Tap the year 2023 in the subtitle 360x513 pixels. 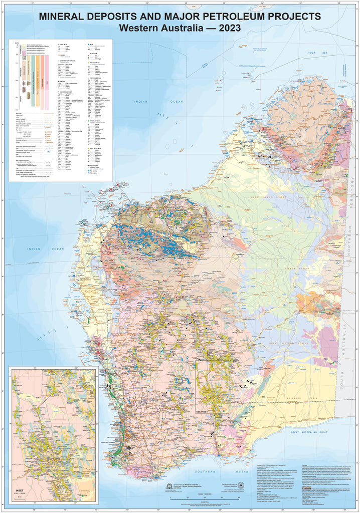point(226,28)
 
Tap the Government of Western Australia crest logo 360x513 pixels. point(168,486)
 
